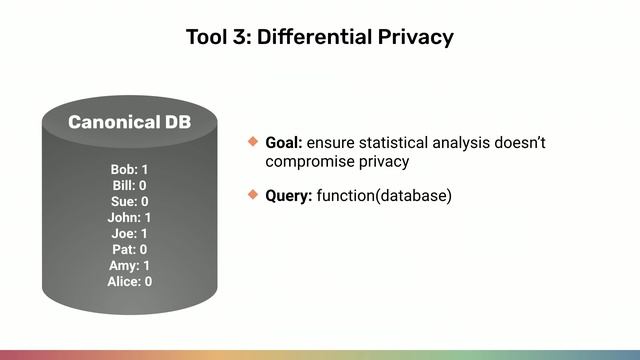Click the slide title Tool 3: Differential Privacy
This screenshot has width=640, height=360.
(x=320, y=37)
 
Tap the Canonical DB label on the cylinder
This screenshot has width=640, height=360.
(x=129, y=122)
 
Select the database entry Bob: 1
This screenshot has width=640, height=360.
(x=129, y=169)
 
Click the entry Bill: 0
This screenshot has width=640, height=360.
(x=129, y=185)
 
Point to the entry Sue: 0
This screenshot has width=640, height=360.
(x=129, y=201)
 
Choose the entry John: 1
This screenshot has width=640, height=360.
(x=129, y=217)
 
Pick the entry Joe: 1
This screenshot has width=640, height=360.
(x=129, y=233)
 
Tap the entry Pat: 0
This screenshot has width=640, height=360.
(x=129, y=249)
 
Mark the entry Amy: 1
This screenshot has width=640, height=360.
(x=129, y=265)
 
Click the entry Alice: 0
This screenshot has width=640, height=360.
(x=129, y=281)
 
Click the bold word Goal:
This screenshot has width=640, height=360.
(x=284, y=143)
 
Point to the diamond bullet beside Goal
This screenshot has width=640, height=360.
(x=253, y=142)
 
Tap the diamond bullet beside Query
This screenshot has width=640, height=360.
(x=253, y=194)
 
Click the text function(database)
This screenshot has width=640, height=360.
(x=384, y=195)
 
